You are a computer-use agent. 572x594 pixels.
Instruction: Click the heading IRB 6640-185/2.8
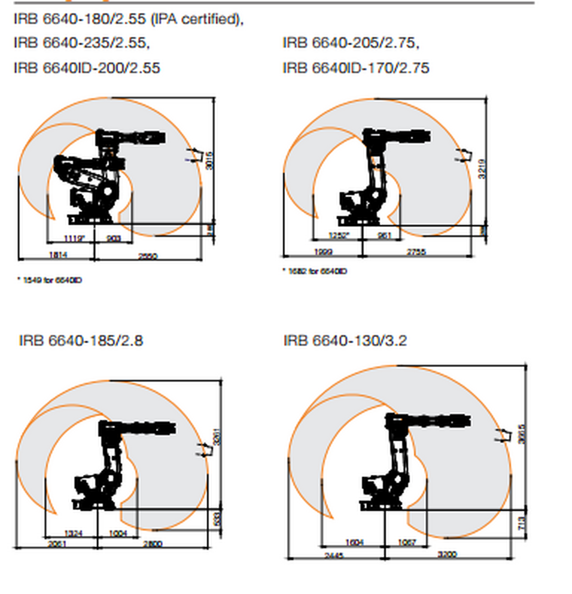[x=81, y=341]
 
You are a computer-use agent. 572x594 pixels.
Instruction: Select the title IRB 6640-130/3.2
[x=345, y=341]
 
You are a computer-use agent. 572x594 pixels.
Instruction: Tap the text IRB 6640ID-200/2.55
[x=87, y=68]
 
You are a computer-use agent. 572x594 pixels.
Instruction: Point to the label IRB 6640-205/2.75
[x=351, y=43]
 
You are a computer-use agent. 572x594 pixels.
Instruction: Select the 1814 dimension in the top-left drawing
[x=58, y=255]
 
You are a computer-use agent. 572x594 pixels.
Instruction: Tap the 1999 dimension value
[x=323, y=252]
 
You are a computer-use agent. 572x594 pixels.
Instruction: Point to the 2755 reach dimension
[x=416, y=252]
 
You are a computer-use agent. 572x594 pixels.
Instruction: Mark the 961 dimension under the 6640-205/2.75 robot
[x=385, y=235]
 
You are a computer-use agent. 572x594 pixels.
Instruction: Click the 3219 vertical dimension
[x=482, y=169]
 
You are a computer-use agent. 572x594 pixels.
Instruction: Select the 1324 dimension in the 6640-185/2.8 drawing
[x=73, y=533]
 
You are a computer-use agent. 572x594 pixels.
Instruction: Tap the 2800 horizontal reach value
[x=153, y=543]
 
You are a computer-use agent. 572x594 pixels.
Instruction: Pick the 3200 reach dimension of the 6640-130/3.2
[x=447, y=554]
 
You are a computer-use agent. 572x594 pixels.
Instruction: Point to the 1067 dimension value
[x=407, y=543]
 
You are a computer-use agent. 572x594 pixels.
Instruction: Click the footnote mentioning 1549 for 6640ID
[x=50, y=280]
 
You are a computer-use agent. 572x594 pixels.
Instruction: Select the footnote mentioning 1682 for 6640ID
[x=315, y=271]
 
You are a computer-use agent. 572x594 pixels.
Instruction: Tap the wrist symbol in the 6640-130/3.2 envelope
[x=500, y=436]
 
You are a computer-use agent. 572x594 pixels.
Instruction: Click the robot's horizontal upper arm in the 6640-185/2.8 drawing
[x=148, y=428]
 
